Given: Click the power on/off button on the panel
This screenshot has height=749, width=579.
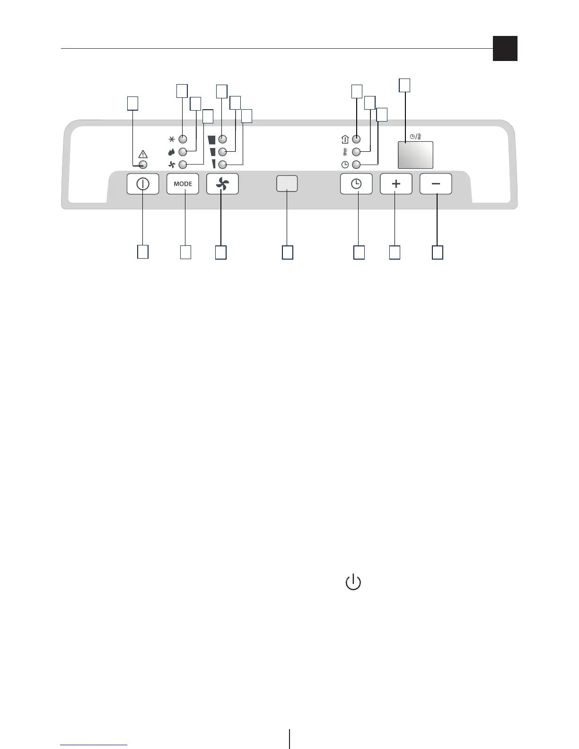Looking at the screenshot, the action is pyautogui.click(x=143, y=184).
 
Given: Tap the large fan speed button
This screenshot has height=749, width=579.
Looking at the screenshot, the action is pyautogui.click(x=223, y=184).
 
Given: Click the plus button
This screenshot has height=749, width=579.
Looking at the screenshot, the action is pyautogui.click(x=396, y=184).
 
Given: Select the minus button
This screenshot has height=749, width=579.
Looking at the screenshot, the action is pyautogui.click(x=436, y=184).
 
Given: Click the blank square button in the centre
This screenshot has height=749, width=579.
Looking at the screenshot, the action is pyautogui.click(x=287, y=183).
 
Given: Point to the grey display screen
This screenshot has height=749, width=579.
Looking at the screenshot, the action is pyautogui.click(x=415, y=155).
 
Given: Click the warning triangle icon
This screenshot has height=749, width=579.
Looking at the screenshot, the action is pyautogui.click(x=143, y=154).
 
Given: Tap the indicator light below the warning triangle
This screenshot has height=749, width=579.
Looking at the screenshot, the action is pyautogui.click(x=143, y=165).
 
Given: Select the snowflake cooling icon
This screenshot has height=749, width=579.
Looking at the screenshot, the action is pyautogui.click(x=172, y=139).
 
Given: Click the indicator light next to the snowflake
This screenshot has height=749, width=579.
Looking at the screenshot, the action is pyautogui.click(x=183, y=139).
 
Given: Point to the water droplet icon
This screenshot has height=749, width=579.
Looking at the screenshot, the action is pyautogui.click(x=172, y=152).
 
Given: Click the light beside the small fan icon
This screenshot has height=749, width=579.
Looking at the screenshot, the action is pyautogui.click(x=183, y=165).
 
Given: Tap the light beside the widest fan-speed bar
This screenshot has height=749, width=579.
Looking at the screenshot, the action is pyautogui.click(x=223, y=139).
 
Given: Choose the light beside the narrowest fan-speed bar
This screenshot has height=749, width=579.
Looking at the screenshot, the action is pyautogui.click(x=223, y=165).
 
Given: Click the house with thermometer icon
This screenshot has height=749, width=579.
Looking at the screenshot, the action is pyautogui.click(x=345, y=139).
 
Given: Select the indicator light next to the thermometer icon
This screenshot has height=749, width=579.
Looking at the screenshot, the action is pyautogui.click(x=357, y=152).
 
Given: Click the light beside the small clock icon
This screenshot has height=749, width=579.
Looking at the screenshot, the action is pyautogui.click(x=357, y=165).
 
